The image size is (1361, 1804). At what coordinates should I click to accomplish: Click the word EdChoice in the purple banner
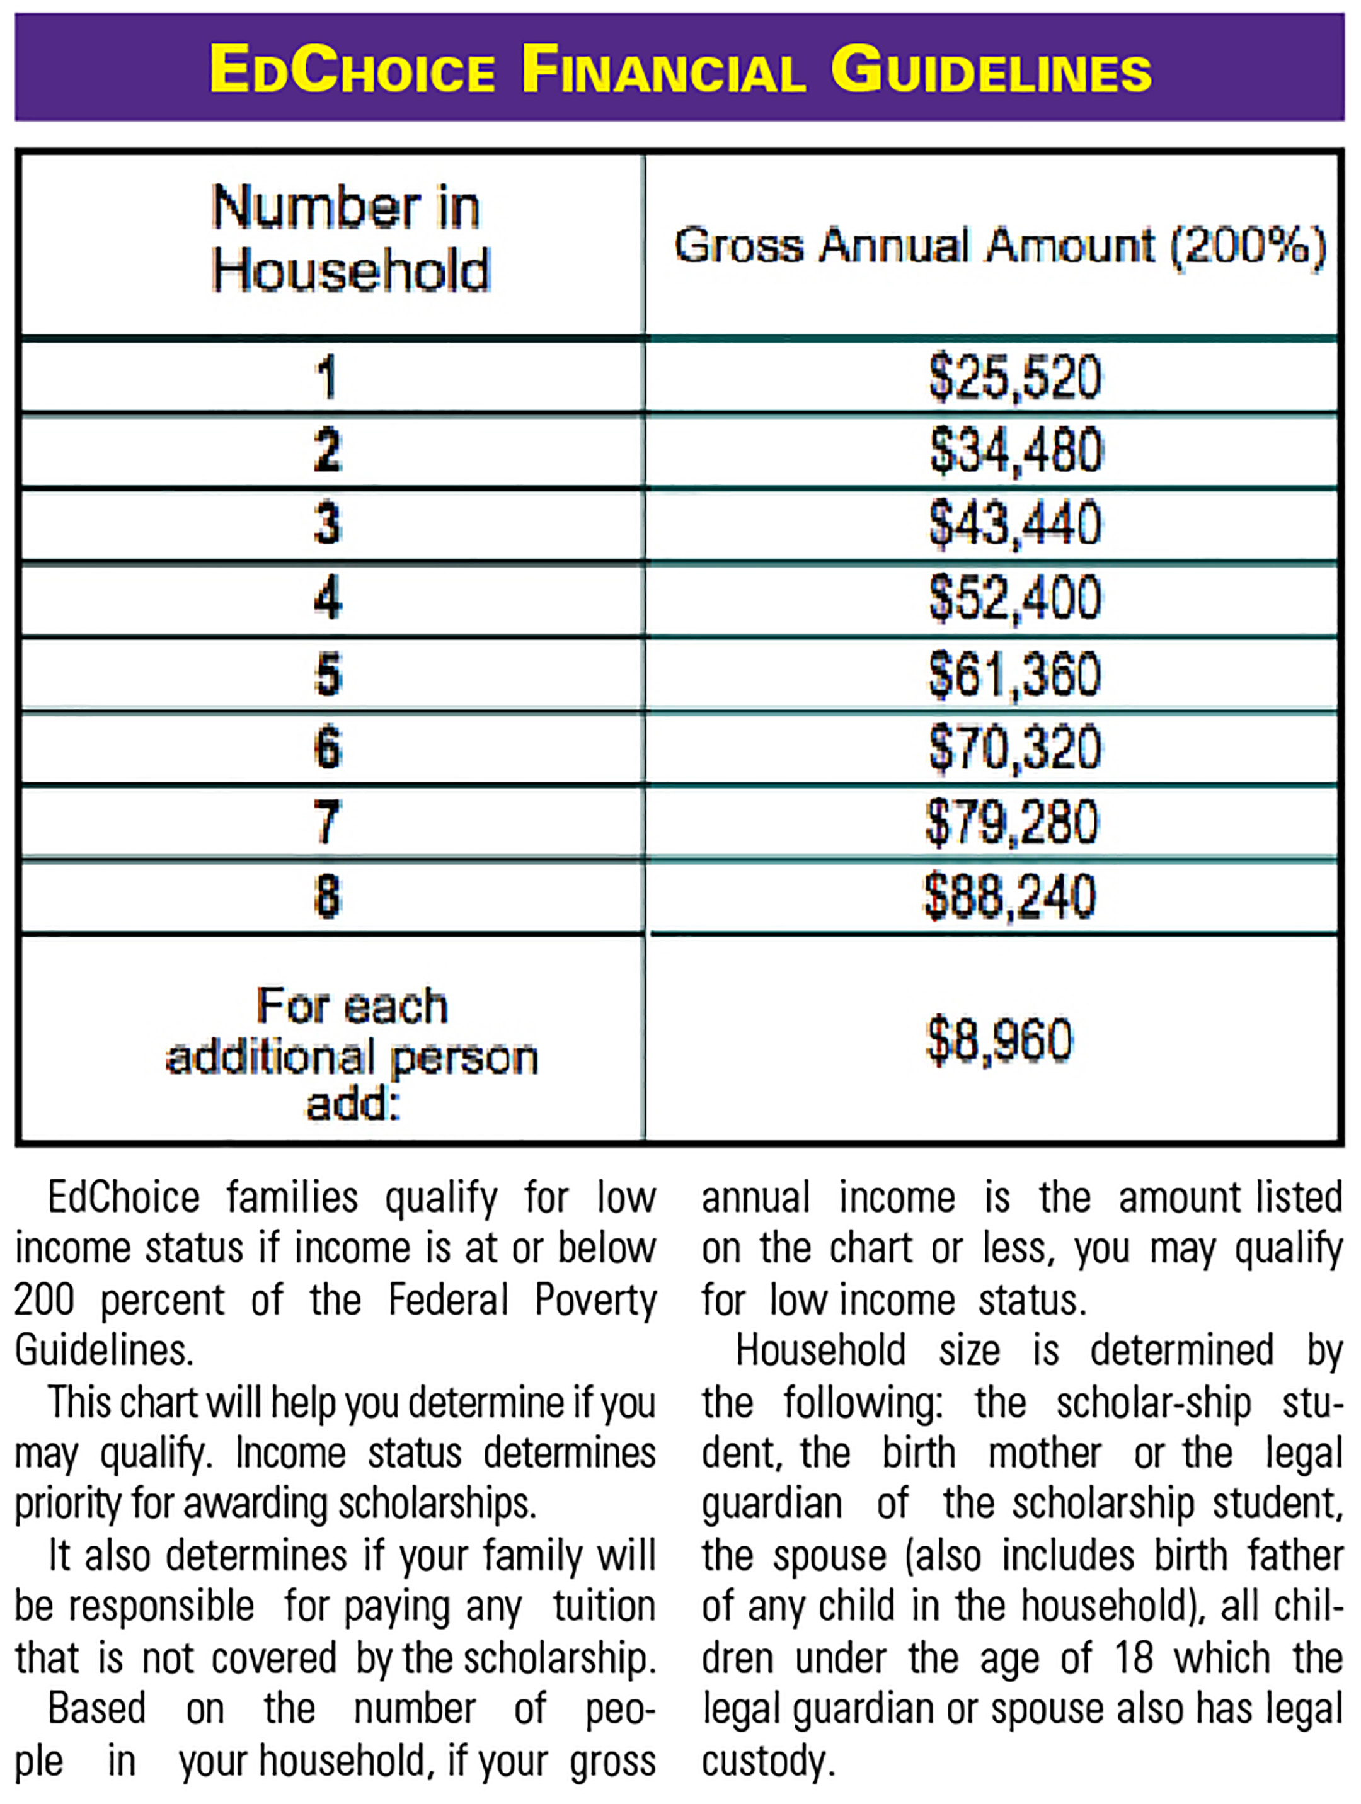[x=352, y=69]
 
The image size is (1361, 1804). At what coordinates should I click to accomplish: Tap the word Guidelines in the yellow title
[x=991, y=69]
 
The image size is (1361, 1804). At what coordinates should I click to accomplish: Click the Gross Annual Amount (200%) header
[x=999, y=246]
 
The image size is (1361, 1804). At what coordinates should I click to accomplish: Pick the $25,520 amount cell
[x=1015, y=377]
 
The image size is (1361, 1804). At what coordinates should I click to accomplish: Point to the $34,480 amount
[x=1016, y=451]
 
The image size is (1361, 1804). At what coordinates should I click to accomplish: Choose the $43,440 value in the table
[x=1015, y=525]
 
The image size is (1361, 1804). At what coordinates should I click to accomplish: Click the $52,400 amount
[x=1015, y=598]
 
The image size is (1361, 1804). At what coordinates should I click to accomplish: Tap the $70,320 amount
[x=1014, y=748]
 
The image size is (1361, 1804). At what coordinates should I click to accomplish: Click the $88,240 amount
[x=1010, y=896]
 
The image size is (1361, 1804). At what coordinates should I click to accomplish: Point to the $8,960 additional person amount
[x=999, y=1041]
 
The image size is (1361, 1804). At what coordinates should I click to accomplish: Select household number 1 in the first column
[x=327, y=377]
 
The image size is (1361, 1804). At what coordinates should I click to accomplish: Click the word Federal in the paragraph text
[x=449, y=1300]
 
